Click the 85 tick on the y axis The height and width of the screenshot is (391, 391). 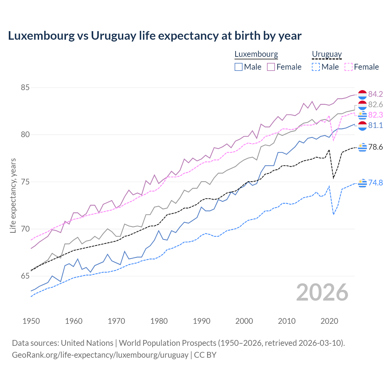25,88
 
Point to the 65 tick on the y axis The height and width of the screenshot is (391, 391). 25,276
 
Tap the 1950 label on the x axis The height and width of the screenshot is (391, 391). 31,321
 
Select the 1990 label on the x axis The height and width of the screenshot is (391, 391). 202,321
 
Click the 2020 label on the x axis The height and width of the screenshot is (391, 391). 329,321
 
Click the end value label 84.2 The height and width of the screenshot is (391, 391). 375,94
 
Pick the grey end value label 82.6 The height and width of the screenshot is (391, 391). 375,105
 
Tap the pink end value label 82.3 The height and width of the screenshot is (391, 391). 375,115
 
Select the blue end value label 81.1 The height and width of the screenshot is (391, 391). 375,125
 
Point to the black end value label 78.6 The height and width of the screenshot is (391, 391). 375,147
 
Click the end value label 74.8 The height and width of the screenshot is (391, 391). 375,183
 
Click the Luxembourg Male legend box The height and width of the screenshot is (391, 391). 239,67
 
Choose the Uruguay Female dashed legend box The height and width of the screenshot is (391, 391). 349,67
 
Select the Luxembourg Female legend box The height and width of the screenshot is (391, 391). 271,67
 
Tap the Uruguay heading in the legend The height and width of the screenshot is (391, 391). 327,54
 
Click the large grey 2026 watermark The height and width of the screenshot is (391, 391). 322,292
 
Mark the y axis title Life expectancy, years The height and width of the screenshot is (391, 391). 13,195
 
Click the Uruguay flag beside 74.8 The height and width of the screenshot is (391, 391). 362,183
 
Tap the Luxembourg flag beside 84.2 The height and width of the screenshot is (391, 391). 362,94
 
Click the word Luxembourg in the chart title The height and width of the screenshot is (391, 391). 41,36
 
